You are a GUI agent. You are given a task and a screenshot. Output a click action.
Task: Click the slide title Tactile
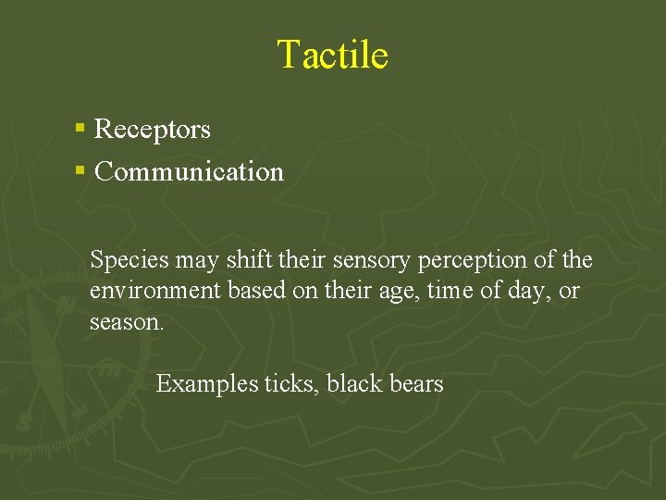coord(332,55)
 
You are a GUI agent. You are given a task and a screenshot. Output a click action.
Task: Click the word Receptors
coord(153,130)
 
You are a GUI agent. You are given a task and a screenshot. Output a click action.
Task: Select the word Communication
coord(190,171)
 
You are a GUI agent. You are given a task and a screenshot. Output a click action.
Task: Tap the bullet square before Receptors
coord(81,129)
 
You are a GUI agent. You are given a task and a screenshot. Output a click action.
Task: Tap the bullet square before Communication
coord(81,170)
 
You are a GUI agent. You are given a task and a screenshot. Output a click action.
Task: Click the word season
coord(127,323)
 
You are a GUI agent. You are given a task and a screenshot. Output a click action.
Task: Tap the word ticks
coord(292,383)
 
